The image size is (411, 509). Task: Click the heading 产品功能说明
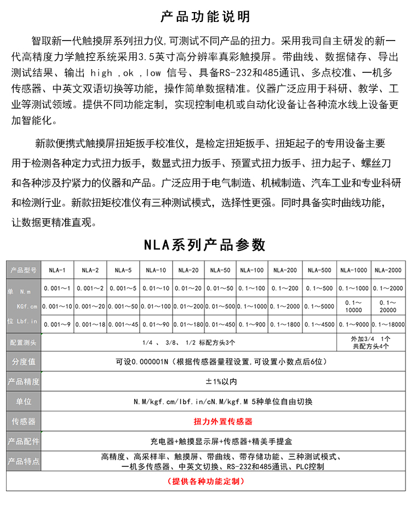206,16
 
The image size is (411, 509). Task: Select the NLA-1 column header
57,270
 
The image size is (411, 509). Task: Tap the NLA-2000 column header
387,270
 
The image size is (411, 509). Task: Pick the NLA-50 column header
220,270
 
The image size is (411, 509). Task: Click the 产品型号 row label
24,270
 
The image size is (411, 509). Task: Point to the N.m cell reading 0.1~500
319,288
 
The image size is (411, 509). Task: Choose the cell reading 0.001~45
123,324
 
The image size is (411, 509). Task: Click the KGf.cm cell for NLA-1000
353,306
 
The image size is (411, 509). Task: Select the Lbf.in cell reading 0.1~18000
387,324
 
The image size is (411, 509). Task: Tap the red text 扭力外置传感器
223,422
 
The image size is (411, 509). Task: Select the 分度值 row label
24,362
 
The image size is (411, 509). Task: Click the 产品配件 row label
24,442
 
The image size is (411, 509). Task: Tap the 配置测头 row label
24,342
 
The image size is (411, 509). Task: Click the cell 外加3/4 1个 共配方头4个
370,342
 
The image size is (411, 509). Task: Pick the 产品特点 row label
24,461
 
